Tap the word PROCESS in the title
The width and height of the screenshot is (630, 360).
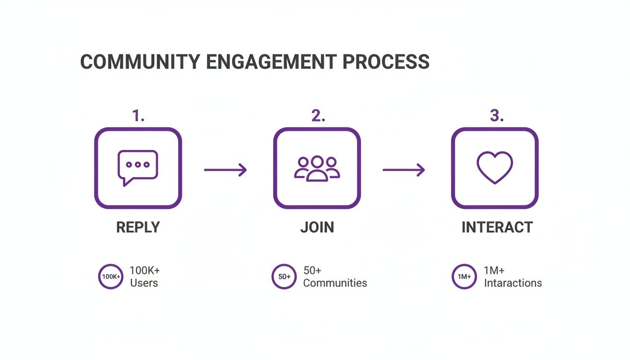[x=386, y=62]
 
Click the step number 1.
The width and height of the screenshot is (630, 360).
[x=138, y=115]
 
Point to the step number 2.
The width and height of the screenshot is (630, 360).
[x=318, y=115]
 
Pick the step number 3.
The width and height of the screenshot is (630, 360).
[x=496, y=115]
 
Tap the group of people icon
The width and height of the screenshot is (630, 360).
[x=317, y=168]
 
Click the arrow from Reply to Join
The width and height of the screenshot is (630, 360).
[x=225, y=170]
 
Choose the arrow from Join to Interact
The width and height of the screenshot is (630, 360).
[x=404, y=170]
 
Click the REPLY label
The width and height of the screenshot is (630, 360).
[x=138, y=227]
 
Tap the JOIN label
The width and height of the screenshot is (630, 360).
[x=317, y=227]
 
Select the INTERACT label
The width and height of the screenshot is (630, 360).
[x=497, y=227]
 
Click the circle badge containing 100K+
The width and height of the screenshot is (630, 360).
[x=111, y=277]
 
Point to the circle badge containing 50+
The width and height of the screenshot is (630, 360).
[x=284, y=277]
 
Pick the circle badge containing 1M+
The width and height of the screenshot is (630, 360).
[x=464, y=277]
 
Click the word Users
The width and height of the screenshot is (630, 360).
[x=144, y=283]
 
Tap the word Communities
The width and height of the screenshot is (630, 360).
[x=335, y=283]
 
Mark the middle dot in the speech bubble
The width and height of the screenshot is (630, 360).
[x=138, y=165]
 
